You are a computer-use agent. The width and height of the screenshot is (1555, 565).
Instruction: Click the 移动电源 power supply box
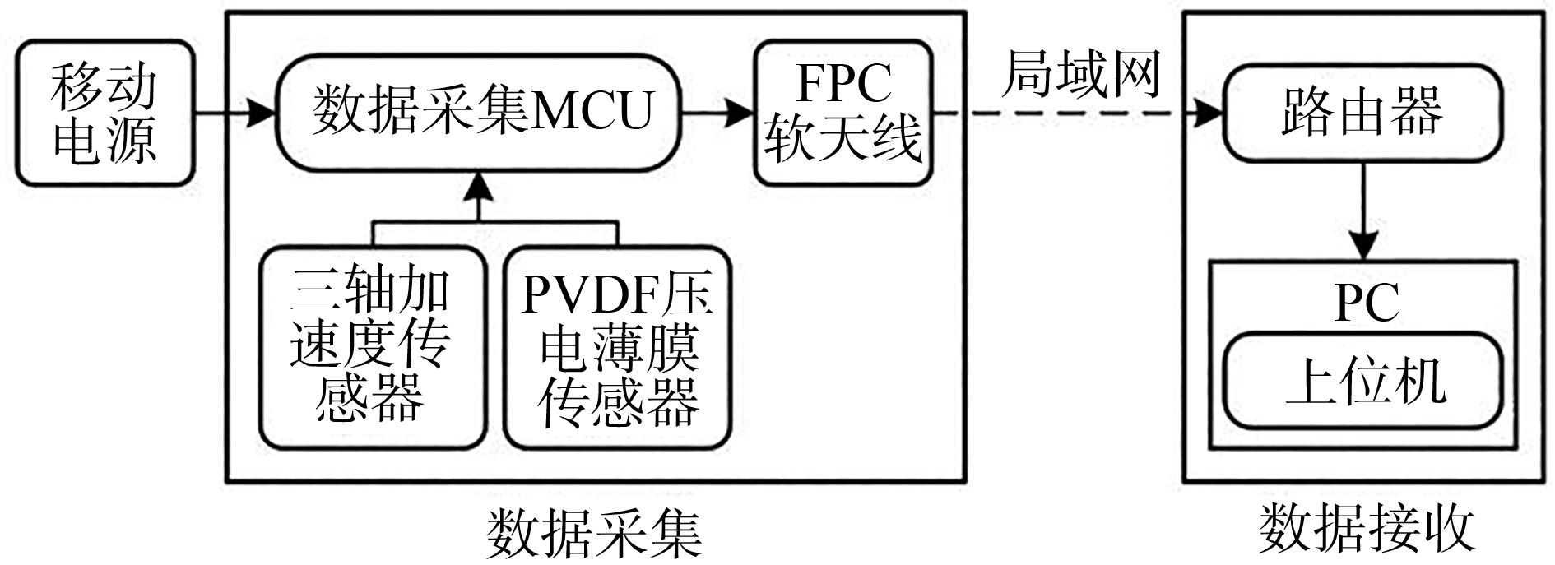[x=104, y=113]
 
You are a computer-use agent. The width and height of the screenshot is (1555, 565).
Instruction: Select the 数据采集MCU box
[x=478, y=113]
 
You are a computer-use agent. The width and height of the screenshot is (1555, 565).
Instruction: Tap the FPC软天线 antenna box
[x=843, y=113]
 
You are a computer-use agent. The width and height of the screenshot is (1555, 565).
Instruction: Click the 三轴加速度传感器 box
[x=372, y=347]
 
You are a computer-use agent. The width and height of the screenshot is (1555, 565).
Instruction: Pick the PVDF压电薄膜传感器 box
[x=617, y=347]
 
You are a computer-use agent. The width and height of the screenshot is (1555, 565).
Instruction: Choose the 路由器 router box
[x=1362, y=113]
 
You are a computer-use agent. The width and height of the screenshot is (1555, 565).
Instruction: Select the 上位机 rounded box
[x=1362, y=381]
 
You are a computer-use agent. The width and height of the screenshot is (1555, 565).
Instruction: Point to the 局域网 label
[x=1080, y=76]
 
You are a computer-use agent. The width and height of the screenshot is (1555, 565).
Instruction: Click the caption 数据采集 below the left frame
[x=594, y=533]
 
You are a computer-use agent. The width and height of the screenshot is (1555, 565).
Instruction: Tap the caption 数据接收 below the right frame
[x=1366, y=528]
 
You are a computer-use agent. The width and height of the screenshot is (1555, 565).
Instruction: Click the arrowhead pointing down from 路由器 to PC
[x=1363, y=246]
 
